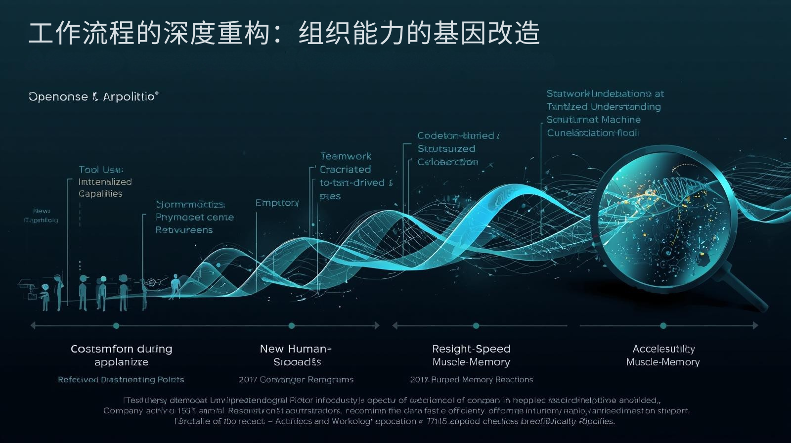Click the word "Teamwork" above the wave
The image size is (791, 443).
[x=346, y=156]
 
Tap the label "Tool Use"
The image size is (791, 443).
[x=101, y=170]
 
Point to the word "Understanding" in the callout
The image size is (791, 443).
[x=625, y=107]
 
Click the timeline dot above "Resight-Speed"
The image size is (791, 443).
[x=476, y=326]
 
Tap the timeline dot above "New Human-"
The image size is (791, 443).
[x=292, y=326]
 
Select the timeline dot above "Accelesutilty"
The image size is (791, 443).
[x=663, y=326]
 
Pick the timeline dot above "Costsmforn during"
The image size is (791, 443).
[x=116, y=326]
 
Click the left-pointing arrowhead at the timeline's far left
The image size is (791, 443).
[x=33, y=326]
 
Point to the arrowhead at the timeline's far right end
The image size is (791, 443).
[x=755, y=326]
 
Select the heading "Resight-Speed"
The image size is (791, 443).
[x=471, y=349]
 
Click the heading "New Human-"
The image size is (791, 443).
[x=296, y=349]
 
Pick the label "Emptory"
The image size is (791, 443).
[x=277, y=203]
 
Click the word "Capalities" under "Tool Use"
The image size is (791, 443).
[x=100, y=194]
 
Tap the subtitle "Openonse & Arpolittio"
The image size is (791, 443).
[x=93, y=96]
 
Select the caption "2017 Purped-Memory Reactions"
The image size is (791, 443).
[x=472, y=380]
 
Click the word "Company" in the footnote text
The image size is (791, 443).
[x=123, y=411]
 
